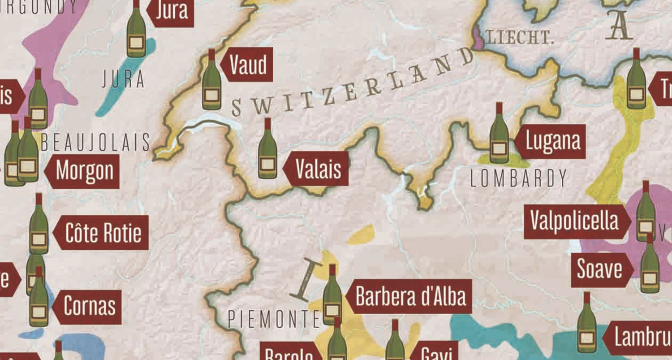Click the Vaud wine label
coord(248,65)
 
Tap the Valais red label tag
coord(318,169)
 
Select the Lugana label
coord(552,142)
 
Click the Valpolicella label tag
coord(574,221)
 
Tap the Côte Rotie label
coord(103,233)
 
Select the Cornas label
coord(89,307)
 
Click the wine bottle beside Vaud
coord(211,81)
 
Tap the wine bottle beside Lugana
coord(499,134)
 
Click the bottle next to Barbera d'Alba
coord(332,296)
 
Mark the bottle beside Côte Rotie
coord(39,226)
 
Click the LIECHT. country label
coord(520,38)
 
